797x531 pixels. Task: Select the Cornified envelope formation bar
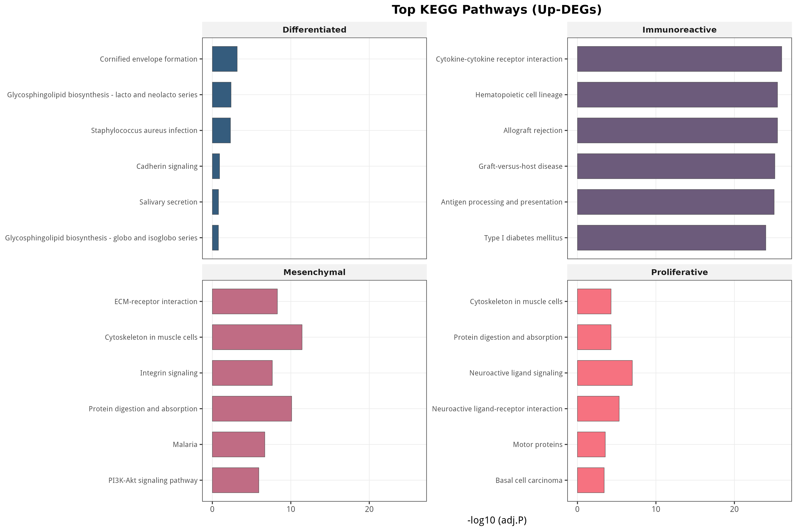tap(225, 59)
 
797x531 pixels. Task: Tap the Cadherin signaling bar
tap(216, 166)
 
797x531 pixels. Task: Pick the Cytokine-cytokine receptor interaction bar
tap(679, 59)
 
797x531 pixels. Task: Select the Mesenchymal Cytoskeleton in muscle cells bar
tap(257, 337)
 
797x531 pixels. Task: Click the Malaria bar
tap(238, 444)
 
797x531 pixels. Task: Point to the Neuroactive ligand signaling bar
tap(605, 373)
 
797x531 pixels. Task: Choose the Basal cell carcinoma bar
tap(591, 480)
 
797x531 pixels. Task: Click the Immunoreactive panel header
tap(679, 30)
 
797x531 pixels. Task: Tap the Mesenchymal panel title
tap(314, 272)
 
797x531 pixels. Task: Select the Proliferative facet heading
tap(679, 272)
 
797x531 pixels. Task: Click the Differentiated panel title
tap(314, 30)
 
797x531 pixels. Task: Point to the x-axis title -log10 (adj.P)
tap(497, 520)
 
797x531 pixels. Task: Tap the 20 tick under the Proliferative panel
tap(734, 509)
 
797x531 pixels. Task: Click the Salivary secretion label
tap(168, 202)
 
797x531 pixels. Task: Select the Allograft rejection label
tap(533, 131)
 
